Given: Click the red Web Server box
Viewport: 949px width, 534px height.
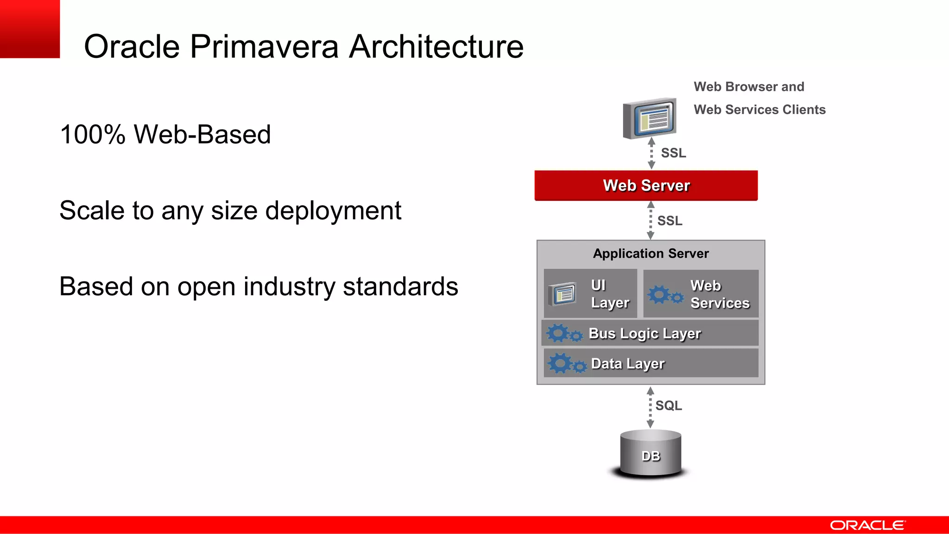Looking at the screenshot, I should (646, 185).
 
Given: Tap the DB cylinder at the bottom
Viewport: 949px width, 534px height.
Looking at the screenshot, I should (651, 454).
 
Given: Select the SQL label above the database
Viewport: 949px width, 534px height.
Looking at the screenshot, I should (668, 406).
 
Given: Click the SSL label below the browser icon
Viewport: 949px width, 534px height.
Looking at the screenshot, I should (673, 153).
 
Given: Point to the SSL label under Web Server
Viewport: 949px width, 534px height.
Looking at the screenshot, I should (670, 221).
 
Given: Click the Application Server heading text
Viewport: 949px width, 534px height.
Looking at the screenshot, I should (651, 254).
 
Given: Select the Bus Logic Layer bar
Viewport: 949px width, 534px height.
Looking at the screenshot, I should (650, 333).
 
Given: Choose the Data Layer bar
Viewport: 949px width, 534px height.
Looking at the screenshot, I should (651, 363).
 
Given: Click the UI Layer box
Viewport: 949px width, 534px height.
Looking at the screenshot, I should (590, 293).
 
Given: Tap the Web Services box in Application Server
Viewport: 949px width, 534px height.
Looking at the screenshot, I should (701, 294).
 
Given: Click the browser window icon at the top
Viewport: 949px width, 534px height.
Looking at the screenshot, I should (650, 119).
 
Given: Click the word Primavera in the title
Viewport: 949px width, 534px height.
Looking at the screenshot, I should (264, 47).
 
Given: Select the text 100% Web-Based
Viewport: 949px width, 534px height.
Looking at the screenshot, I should (165, 135).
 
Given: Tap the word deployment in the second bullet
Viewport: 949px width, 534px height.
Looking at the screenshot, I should (333, 211).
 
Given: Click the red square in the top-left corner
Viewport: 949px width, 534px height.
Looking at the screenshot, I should (30, 29).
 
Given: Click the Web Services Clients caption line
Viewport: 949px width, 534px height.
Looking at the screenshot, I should (759, 110).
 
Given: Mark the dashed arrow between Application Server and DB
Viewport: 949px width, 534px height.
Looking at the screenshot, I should (650, 407).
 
